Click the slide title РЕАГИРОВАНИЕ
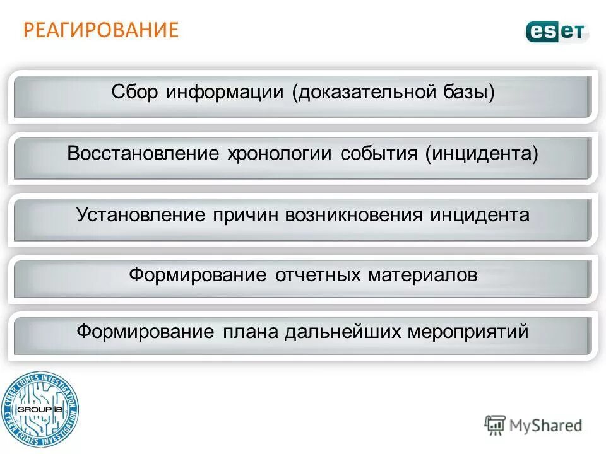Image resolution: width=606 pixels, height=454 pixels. pyautogui.click(x=101, y=30)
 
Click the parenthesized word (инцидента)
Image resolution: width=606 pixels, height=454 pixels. pyautogui.click(x=482, y=154)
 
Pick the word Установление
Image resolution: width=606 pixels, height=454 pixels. pyautogui.click(x=141, y=215)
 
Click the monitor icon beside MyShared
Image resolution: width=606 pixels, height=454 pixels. pyautogui.click(x=495, y=426)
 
